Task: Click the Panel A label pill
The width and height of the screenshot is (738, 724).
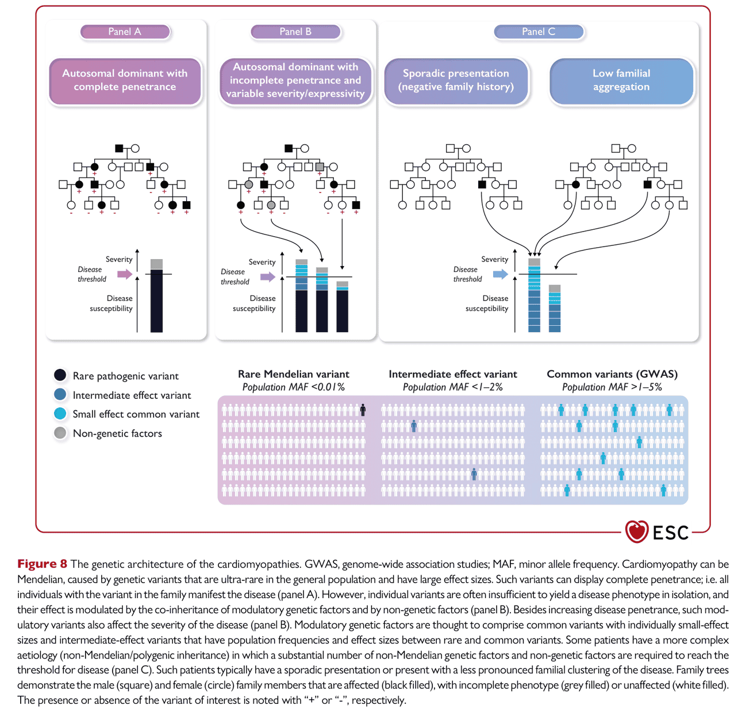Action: click(x=125, y=32)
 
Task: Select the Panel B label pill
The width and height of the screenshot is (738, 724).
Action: click(x=295, y=32)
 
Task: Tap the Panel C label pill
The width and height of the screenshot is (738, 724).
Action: click(x=539, y=32)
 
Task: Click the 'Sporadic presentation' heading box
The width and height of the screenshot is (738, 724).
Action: click(x=456, y=81)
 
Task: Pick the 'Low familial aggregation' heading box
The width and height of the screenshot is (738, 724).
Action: click(x=621, y=81)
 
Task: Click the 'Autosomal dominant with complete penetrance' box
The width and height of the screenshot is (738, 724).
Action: click(x=125, y=81)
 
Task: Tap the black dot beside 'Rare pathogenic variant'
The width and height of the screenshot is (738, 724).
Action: click(x=60, y=375)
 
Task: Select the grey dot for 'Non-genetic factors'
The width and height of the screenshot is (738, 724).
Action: click(x=60, y=433)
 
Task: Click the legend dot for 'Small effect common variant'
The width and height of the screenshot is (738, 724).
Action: click(x=60, y=414)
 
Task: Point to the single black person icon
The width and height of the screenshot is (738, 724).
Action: click(x=363, y=410)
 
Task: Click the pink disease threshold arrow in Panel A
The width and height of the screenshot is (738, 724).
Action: click(x=125, y=274)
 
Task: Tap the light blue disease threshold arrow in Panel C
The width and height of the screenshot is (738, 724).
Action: click(x=500, y=274)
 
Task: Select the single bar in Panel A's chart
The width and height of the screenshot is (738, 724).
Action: click(x=156, y=295)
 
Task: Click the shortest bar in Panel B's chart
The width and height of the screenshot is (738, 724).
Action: click(x=342, y=307)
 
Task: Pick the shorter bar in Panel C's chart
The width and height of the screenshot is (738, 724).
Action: click(x=555, y=309)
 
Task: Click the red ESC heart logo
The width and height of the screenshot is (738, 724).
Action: click(x=636, y=532)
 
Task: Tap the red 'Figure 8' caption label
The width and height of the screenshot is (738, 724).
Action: click(x=42, y=564)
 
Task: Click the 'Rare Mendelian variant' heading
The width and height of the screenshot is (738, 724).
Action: click(x=293, y=374)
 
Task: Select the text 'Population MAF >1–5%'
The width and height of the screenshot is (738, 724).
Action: click(x=612, y=387)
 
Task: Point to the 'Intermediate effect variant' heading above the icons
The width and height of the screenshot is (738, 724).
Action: click(x=453, y=374)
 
